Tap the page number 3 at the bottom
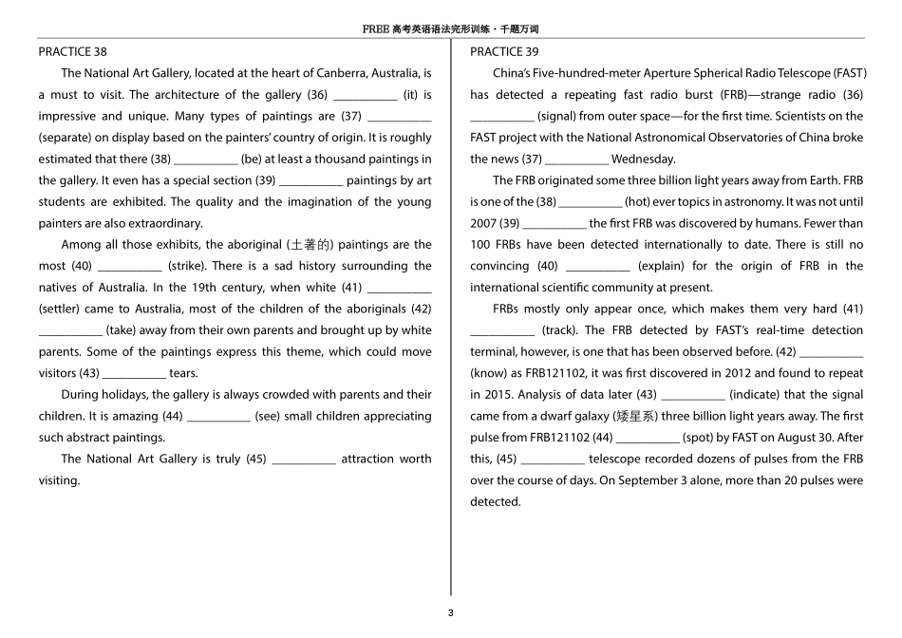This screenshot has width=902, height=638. pyautogui.click(x=451, y=612)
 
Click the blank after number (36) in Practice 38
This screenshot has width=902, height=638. pyautogui.click(x=366, y=95)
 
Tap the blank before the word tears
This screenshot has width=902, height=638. pyautogui.click(x=134, y=374)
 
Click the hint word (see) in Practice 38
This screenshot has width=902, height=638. pyautogui.click(x=268, y=417)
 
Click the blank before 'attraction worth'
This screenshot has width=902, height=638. pyautogui.click(x=304, y=460)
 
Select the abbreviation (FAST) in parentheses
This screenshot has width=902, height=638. pyautogui.click(x=847, y=73)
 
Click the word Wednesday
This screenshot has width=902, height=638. pyautogui.click(x=644, y=159)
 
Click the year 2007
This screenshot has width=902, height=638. pyautogui.click(x=483, y=224)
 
